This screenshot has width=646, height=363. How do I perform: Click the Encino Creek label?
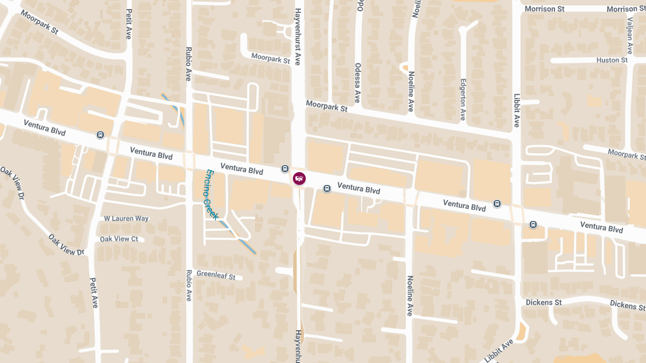pyautogui.click(x=212, y=195)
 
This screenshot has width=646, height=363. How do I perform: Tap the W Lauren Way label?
pyautogui.click(x=127, y=218)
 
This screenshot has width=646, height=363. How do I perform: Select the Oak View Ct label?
pyautogui.click(x=119, y=239)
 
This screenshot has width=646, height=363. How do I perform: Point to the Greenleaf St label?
pyautogui.click(x=216, y=276)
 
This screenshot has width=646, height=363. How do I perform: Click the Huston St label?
pyautogui.click(x=612, y=60)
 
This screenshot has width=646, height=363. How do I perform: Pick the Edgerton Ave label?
pyautogui.click(x=462, y=99)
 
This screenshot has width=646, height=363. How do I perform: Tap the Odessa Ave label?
pyautogui.click(x=357, y=82)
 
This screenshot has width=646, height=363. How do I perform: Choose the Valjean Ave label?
pyautogui.click(x=629, y=35)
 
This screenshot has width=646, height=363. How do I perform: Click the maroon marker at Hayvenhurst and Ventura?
pyautogui.click(x=299, y=178)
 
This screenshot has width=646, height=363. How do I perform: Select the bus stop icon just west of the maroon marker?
pyautogui.click(x=285, y=169)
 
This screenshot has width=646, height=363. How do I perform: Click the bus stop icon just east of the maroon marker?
pyautogui.click(x=327, y=188)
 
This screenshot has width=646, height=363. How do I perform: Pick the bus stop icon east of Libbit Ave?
pyautogui.click(x=533, y=224)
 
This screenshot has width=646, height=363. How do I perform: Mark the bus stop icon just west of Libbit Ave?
pyautogui.click(x=497, y=204)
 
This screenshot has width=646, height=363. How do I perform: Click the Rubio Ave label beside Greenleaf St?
pyautogui.click(x=188, y=285)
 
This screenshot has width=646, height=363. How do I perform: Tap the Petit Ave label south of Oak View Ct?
pyautogui.click(x=94, y=292)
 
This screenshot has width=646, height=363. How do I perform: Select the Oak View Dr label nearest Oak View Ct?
pyautogui.click(x=67, y=245)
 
